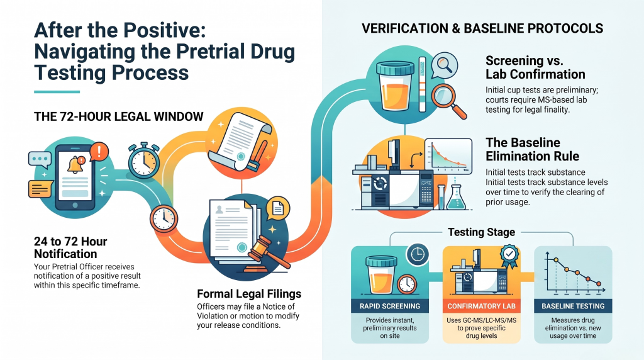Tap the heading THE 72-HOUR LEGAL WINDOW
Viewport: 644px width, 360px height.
pyautogui.click(x=119, y=116)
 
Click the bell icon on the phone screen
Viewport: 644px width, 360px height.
pyautogui.click(x=76, y=164)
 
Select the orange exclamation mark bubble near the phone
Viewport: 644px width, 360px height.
pyautogui.click(x=99, y=151)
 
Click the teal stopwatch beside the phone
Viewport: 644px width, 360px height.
pyautogui.click(x=144, y=160)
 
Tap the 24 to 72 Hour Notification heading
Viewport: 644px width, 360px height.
pyautogui.click(x=70, y=247)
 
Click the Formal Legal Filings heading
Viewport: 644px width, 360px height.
pyautogui.click(x=249, y=294)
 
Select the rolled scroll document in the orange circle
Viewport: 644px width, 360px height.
pyautogui.click(x=240, y=141)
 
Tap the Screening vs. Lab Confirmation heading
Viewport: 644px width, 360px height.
pyautogui.click(x=535, y=67)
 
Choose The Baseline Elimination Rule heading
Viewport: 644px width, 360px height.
pyautogui.click(x=532, y=149)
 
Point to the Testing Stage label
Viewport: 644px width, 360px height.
pyautogui.click(x=481, y=232)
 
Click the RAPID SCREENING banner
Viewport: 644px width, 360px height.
pyautogui.click(x=390, y=306)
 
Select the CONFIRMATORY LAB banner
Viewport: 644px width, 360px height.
pyautogui.click(x=481, y=306)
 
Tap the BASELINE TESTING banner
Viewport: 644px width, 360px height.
pyautogui.click(x=573, y=306)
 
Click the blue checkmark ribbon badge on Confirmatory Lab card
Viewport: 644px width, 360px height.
pyautogui.click(x=509, y=256)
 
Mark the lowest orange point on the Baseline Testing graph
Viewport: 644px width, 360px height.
pyautogui.click(x=599, y=284)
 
